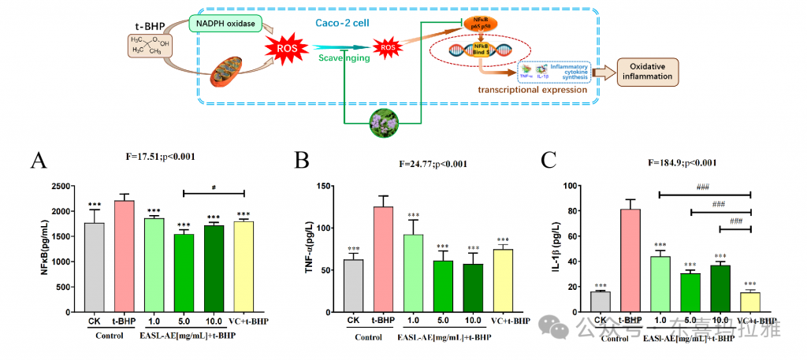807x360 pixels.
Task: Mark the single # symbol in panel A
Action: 214,187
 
